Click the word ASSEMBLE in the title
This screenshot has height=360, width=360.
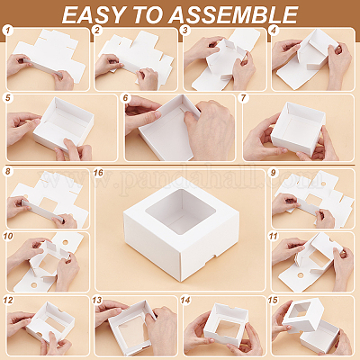tap(233, 14)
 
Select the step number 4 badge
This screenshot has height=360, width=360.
tap(274, 31)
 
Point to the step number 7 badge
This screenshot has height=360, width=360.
tap(243, 98)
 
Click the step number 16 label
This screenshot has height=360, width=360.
tap(98, 173)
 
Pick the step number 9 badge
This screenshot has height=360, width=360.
tap(273, 173)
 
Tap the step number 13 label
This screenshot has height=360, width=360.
tap(97, 301)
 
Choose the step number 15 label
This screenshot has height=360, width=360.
tap(273, 301)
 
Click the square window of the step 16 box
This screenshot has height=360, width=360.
tap(181, 208)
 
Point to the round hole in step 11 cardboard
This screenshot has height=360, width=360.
tap(300, 274)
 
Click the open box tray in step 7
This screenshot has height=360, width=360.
tap(298, 129)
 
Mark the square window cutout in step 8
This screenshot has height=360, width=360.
tap(48, 205)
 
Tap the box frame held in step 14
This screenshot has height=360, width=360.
tap(227, 325)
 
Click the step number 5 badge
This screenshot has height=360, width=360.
tap(8, 98)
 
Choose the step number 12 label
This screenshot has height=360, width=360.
tap(8, 301)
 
